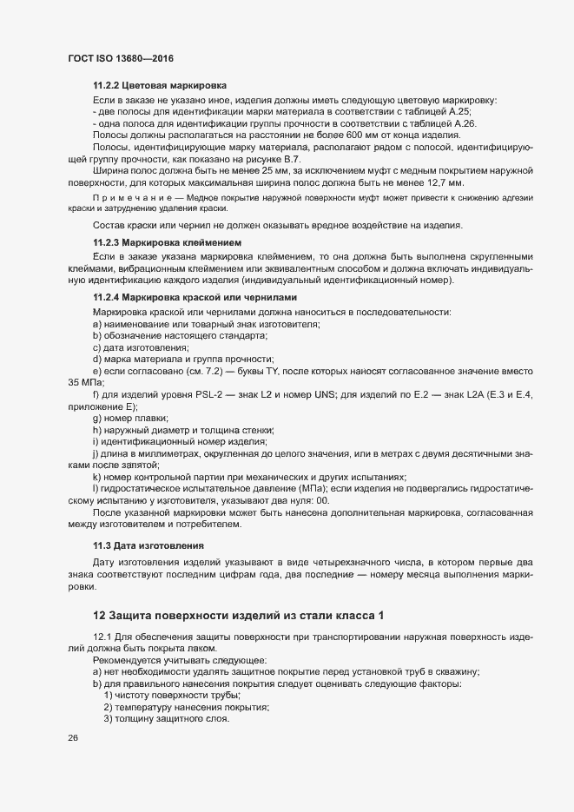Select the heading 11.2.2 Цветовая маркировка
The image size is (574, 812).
pos(160,87)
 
